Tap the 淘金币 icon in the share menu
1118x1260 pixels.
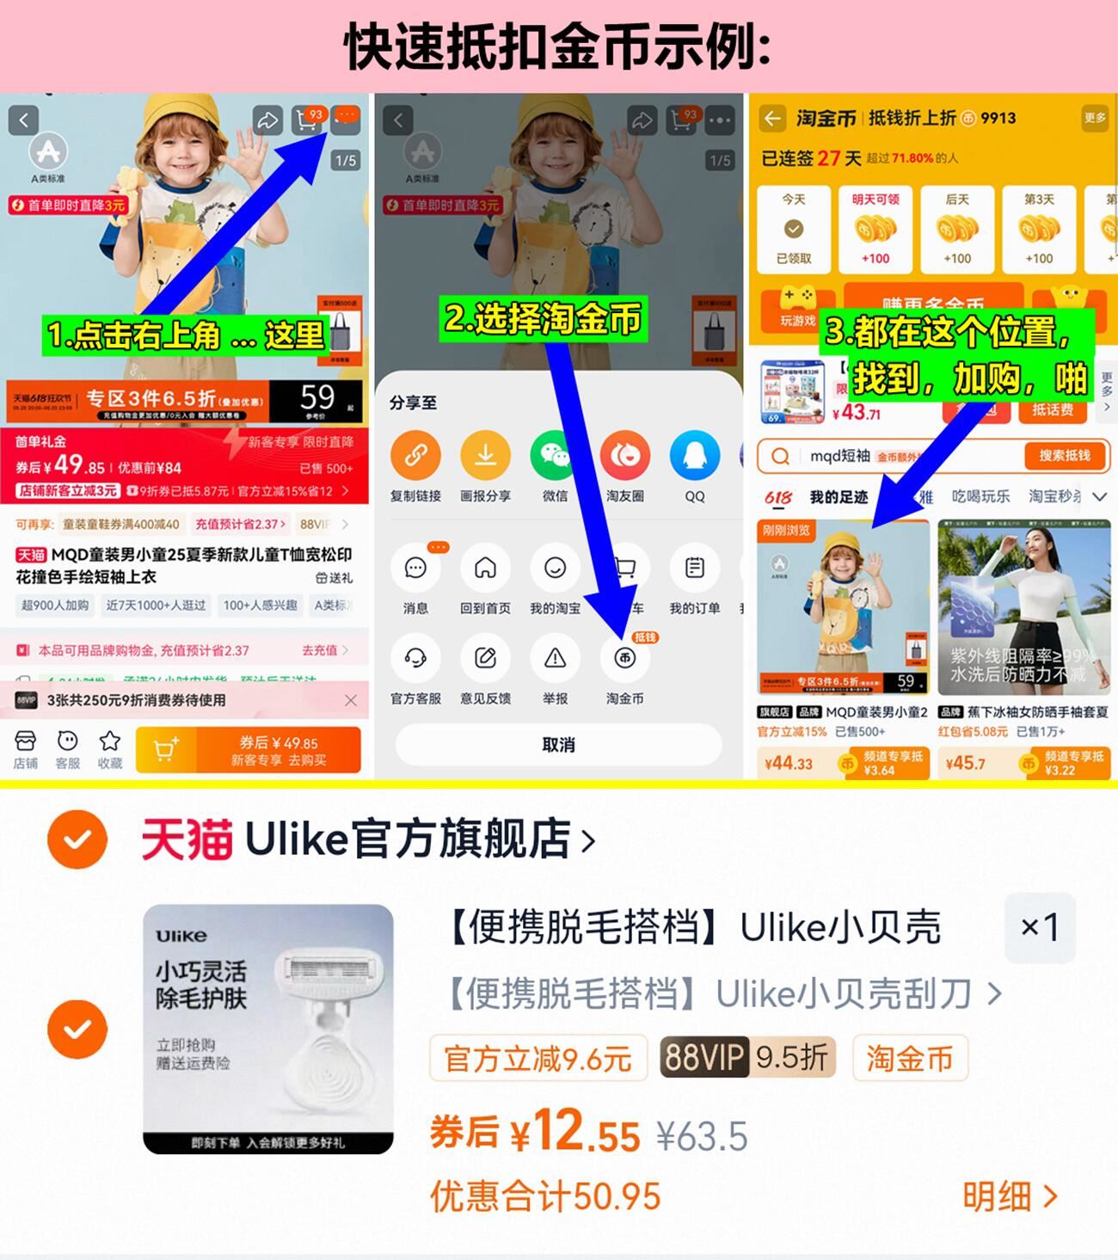[x=625, y=659]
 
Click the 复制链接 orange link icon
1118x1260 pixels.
[x=415, y=456]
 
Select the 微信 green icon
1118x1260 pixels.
[x=555, y=456]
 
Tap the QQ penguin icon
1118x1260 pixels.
[x=694, y=456]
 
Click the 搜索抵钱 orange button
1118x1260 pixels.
[x=1064, y=456]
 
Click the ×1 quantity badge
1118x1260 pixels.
[x=1040, y=927]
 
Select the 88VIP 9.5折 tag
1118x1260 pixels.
[x=747, y=1058]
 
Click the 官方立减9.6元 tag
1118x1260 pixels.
[x=538, y=1058]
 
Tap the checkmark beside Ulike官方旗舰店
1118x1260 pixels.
[x=77, y=839]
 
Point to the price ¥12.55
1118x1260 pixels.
[x=576, y=1133]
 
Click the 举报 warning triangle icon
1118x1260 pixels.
[x=555, y=659]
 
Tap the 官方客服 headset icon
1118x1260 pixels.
[x=415, y=659]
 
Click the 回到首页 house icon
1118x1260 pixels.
[x=485, y=568]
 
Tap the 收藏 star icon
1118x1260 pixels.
[x=109, y=741]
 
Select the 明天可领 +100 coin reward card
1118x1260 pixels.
[x=875, y=229]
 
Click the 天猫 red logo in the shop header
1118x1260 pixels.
[x=187, y=839]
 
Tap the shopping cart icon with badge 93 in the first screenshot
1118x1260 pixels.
[x=307, y=120]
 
